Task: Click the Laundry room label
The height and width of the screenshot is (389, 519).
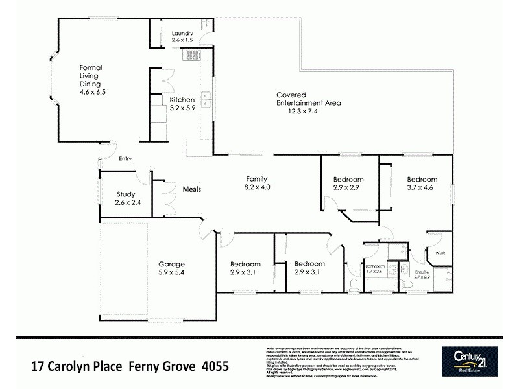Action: (184, 34)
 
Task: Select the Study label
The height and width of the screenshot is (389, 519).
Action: (125, 194)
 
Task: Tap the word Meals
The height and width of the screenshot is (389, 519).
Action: (192, 189)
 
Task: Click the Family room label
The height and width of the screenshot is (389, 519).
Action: (257, 179)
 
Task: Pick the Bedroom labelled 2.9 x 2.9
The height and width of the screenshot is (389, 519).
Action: (348, 180)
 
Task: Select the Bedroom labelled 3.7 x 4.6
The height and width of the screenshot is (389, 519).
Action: (422, 180)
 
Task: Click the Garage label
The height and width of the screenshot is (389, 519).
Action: (172, 264)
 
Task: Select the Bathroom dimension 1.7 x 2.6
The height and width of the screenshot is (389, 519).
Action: (375, 271)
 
